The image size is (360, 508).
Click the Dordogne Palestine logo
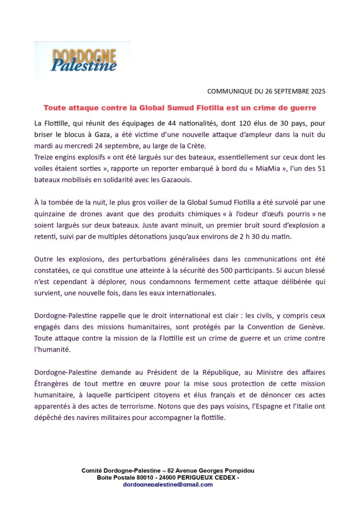coord(83,60)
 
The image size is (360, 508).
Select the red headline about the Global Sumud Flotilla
coord(180,107)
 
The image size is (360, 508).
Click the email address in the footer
coord(167,484)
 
